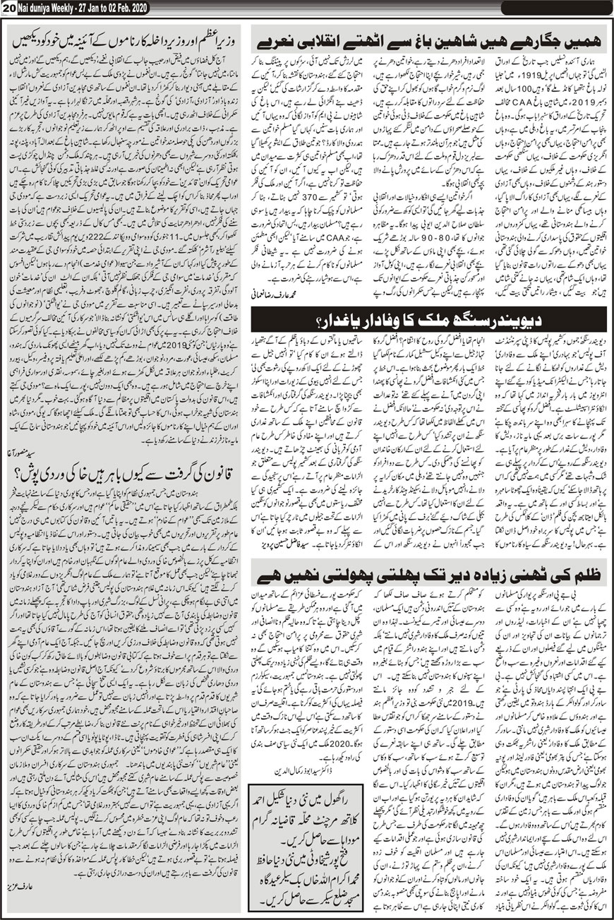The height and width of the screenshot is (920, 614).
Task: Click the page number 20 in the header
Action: pyautogui.click(x=9, y=8)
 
